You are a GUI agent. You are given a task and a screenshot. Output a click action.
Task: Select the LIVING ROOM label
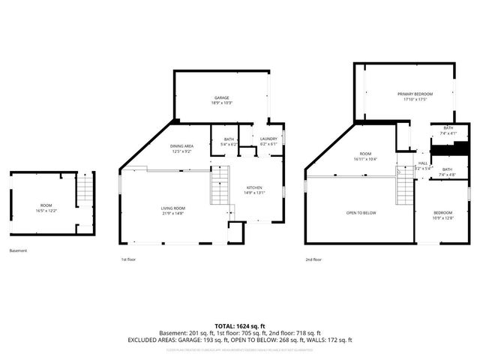172,210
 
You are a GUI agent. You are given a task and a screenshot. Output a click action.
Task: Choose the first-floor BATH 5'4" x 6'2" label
229,141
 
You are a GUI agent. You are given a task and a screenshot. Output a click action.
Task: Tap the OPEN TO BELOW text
361,213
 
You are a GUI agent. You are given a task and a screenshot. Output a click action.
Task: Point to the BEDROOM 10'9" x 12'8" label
442,215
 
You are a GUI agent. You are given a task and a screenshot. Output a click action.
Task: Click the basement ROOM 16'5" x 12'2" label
46,206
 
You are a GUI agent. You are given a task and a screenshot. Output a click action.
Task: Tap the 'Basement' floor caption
19,250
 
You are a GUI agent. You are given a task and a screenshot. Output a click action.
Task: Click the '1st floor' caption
129,259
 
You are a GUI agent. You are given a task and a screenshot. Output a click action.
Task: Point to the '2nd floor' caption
313,259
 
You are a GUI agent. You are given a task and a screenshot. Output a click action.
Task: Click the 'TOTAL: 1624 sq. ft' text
240,325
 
